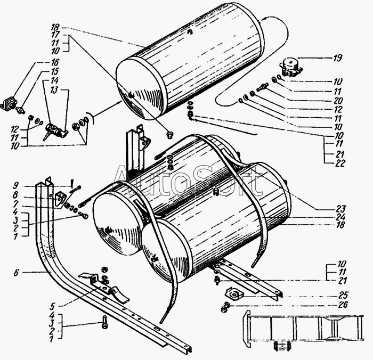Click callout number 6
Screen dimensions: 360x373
click(17, 272)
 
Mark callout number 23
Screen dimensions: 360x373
click(341, 208)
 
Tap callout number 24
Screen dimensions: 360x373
click(341, 217)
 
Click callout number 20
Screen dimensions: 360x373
click(338, 100)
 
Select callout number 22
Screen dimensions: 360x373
click(340, 163)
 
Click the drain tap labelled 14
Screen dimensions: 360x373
click(54, 129)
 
